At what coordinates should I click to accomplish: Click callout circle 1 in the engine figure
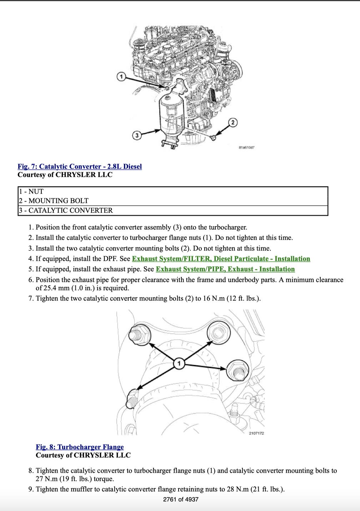point(121,76)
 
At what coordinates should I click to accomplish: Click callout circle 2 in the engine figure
point(233,123)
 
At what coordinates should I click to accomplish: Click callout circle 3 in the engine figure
point(136,135)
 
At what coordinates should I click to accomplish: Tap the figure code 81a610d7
point(246,147)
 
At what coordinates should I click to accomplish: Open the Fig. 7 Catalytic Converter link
point(80,167)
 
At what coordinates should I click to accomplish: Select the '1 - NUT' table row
point(173,192)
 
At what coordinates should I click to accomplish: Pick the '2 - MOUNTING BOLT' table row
point(173,201)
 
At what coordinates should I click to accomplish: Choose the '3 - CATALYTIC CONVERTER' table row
point(173,210)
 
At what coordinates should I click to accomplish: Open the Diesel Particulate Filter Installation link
point(221,259)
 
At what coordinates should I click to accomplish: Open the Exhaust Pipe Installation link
point(225,269)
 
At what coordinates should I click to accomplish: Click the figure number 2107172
point(256,433)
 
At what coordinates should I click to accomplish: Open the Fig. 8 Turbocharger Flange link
point(80,447)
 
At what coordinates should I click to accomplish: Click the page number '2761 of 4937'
point(180,500)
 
